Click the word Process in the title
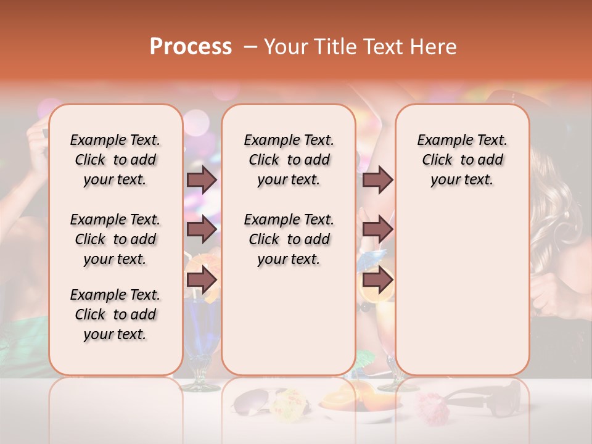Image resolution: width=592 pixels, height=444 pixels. pyautogui.click(x=190, y=47)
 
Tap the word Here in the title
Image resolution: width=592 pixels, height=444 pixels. pyautogui.click(x=434, y=47)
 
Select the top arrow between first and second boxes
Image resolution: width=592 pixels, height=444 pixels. pyautogui.click(x=202, y=179)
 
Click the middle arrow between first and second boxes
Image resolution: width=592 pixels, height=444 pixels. pyautogui.click(x=202, y=230)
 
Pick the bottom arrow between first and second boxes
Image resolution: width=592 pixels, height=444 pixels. pyautogui.click(x=202, y=281)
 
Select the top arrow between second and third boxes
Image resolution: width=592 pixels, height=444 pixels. pyautogui.click(x=377, y=179)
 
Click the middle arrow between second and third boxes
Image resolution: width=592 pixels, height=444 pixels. pyautogui.click(x=377, y=230)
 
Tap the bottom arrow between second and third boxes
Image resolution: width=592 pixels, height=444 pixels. pyautogui.click(x=377, y=281)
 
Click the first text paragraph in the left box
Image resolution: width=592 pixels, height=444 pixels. pyautogui.click(x=115, y=160)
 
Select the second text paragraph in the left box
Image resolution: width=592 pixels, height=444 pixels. pyautogui.click(x=115, y=239)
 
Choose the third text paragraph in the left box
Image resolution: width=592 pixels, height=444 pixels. pyautogui.click(x=115, y=314)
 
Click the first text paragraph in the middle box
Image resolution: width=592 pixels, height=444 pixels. pyautogui.click(x=289, y=160)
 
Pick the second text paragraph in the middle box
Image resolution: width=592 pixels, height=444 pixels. pyautogui.click(x=289, y=239)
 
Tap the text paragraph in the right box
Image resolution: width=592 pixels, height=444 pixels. pyautogui.click(x=462, y=160)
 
